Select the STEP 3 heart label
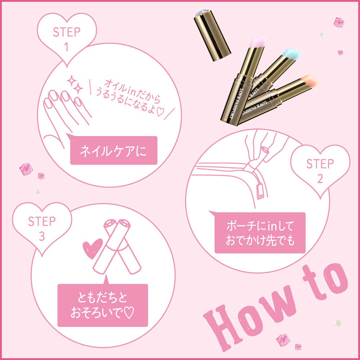coord(41,227)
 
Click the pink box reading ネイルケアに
coord(113,150)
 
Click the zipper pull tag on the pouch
coord(261,191)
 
